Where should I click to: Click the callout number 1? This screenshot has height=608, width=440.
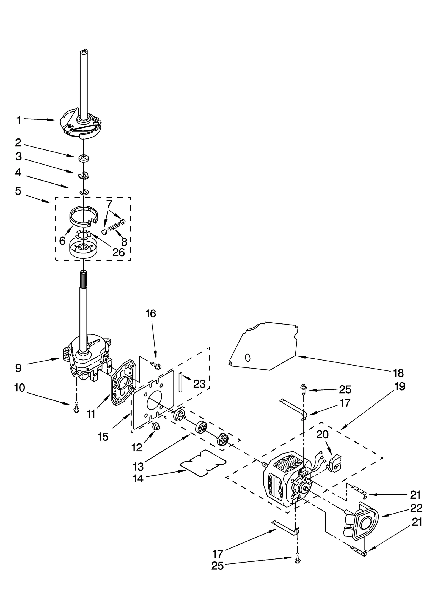click(x=19, y=120)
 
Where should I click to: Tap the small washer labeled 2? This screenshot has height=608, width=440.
click(x=82, y=158)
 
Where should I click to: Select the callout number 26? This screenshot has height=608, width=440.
click(x=119, y=252)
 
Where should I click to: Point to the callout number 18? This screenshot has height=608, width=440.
click(x=398, y=373)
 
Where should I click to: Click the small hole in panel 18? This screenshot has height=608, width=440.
click(x=248, y=358)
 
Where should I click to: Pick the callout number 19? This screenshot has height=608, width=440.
click(x=400, y=386)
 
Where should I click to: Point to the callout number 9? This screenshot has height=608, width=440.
click(x=18, y=368)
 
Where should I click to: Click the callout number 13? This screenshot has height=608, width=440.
click(x=138, y=466)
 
